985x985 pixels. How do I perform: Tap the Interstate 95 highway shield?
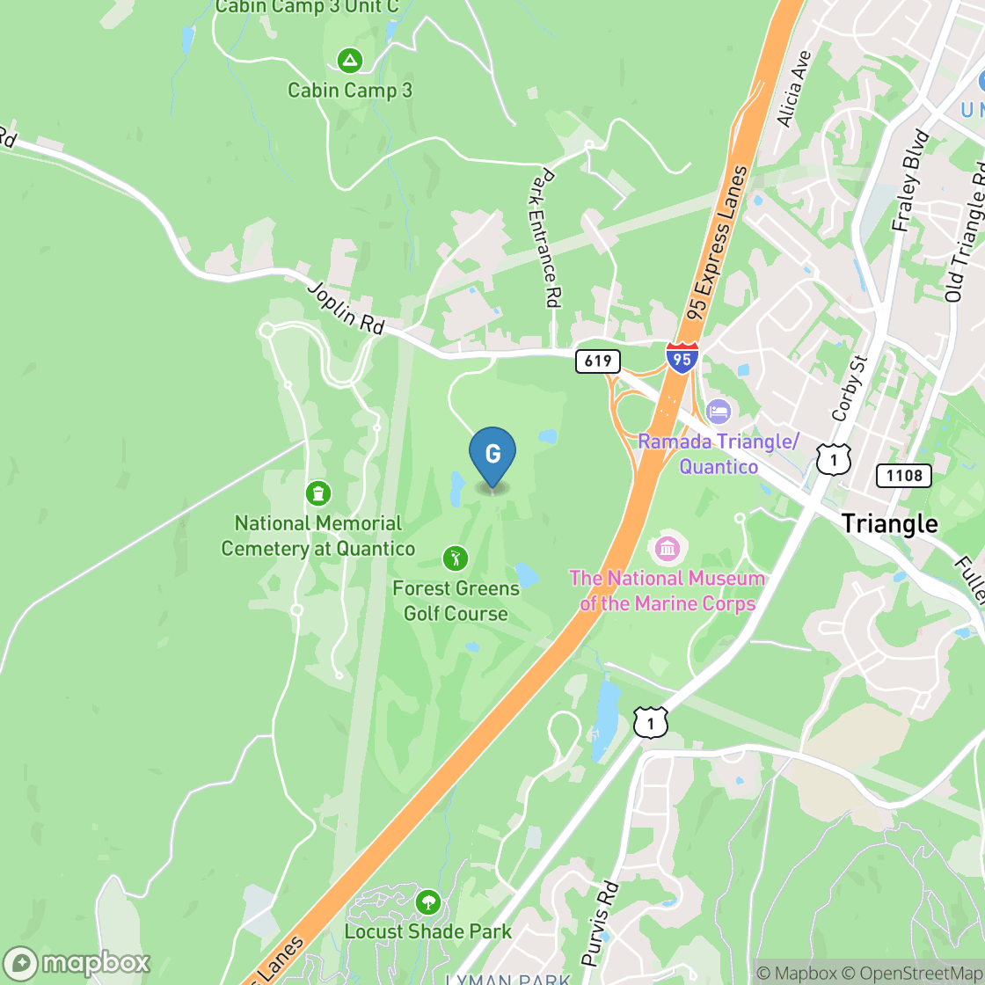682,358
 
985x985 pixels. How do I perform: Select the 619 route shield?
598,361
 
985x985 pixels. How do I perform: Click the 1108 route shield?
904,476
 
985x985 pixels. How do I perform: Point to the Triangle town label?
889,524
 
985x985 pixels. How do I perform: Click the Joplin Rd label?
346,308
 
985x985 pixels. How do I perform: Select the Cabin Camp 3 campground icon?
350,61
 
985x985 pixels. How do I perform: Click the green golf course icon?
456,558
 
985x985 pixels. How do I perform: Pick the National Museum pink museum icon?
668,550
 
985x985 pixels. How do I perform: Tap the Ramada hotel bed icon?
719,411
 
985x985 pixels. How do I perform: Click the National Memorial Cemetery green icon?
317,493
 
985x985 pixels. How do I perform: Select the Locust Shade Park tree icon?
428,901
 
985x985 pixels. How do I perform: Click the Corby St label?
849,388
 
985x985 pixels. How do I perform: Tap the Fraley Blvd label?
910,181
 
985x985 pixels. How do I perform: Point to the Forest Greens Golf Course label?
456,601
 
